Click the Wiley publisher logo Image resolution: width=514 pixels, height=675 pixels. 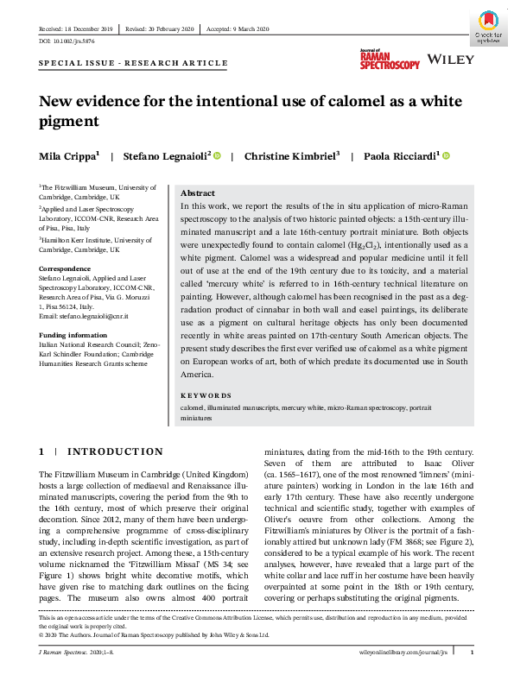451,60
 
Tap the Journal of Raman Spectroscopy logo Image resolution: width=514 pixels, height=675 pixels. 390,59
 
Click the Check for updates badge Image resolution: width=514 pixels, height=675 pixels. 487,27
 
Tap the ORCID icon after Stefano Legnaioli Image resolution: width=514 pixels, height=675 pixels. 217,155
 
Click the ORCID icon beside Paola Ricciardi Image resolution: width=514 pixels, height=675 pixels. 447,155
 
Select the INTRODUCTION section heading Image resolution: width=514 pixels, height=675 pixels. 115,451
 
